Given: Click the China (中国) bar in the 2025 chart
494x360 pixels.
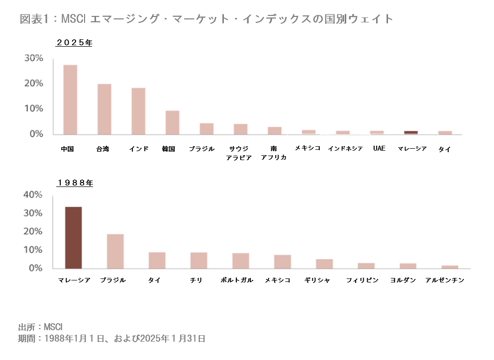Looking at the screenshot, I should coord(70,99).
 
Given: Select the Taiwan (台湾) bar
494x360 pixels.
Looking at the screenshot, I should coord(104,109).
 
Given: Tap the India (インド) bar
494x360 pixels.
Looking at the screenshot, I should coord(138,111).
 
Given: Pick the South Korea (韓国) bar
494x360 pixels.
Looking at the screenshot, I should coord(172,122).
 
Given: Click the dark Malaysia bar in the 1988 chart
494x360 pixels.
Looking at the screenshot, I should coord(74,237).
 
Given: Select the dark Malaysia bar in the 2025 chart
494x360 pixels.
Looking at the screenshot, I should coord(411,132).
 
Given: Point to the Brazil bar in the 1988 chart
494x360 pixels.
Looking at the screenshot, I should coord(115,251).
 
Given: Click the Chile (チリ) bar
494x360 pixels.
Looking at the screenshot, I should coord(198,260).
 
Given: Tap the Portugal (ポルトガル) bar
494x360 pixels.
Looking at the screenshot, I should coord(240,261).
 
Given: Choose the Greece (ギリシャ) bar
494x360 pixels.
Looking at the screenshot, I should coord(324,264).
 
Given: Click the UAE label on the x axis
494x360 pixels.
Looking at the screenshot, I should coord(379,149).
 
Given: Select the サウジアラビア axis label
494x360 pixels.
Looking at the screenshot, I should coord(240,153).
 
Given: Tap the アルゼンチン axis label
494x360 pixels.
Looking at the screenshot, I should coord(445,280).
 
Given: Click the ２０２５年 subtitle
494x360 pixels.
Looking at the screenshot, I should coord(74,43).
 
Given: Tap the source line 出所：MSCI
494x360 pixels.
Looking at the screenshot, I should coord(40,327).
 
